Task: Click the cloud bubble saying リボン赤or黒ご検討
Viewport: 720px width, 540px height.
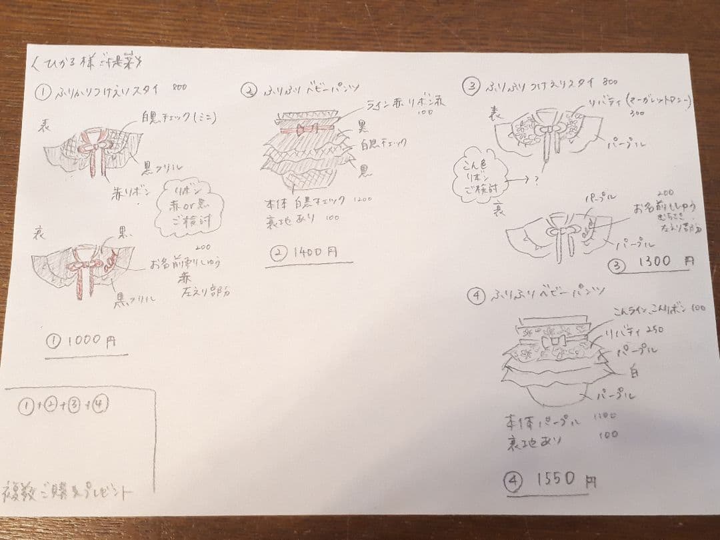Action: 189,208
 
